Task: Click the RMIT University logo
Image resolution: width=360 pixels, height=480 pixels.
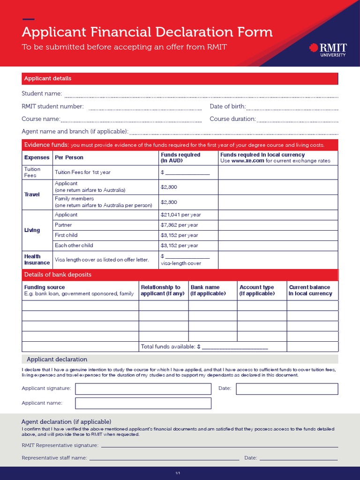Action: (x=328, y=49)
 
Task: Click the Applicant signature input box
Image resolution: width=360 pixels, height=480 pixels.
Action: (x=143, y=389)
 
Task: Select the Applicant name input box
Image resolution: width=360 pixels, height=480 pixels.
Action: (x=143, y=403)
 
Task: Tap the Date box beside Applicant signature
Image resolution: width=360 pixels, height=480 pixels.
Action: (x=287, y=389)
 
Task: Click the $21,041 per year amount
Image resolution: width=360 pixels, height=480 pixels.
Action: (x=180, y=215)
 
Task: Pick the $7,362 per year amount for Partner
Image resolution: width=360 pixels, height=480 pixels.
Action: (x=179, y=225)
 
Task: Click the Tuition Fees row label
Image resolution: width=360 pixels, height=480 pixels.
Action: (x=32, y=172)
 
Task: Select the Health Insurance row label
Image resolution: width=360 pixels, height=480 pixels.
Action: (x=37, y=260)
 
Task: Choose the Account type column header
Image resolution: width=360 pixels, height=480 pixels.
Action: (x=257, y=290)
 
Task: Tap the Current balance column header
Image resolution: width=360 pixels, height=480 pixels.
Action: (x=310, y=290)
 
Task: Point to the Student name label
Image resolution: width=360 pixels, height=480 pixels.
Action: (x=42, y=94)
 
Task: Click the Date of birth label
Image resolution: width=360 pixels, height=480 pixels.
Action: (x=228, y=106)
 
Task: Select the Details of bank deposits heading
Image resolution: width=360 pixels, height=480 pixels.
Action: (x=58, y=275)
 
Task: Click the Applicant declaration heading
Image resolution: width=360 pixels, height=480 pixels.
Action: (x=57, y=360)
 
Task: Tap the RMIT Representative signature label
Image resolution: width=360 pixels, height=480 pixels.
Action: (x=60, y=445)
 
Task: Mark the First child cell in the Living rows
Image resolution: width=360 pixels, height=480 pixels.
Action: (x=66, y=235)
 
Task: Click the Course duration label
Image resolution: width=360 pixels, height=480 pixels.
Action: (x=232, y=119)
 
